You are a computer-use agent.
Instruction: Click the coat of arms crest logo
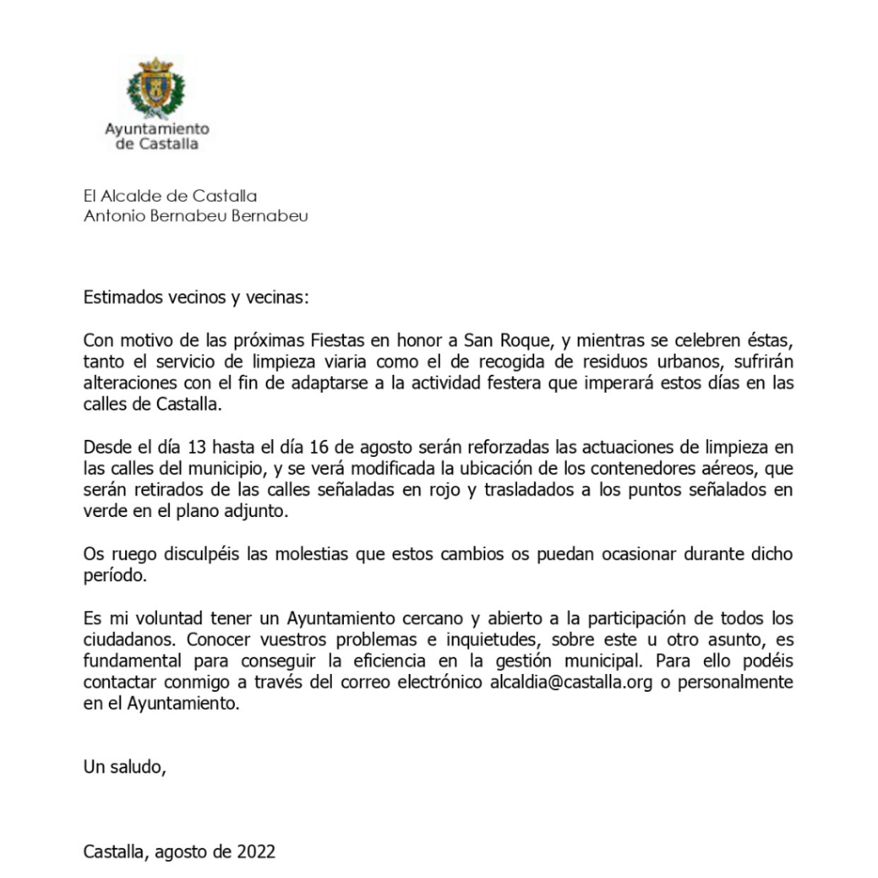pos(155,87)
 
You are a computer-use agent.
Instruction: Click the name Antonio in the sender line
pos(111,216)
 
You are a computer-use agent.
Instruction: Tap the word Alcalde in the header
pos(131,196)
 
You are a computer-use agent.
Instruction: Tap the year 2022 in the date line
pos(256,851)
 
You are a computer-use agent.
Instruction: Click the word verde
pos(104,511)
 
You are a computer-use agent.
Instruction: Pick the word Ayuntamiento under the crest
pos(157,129)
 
